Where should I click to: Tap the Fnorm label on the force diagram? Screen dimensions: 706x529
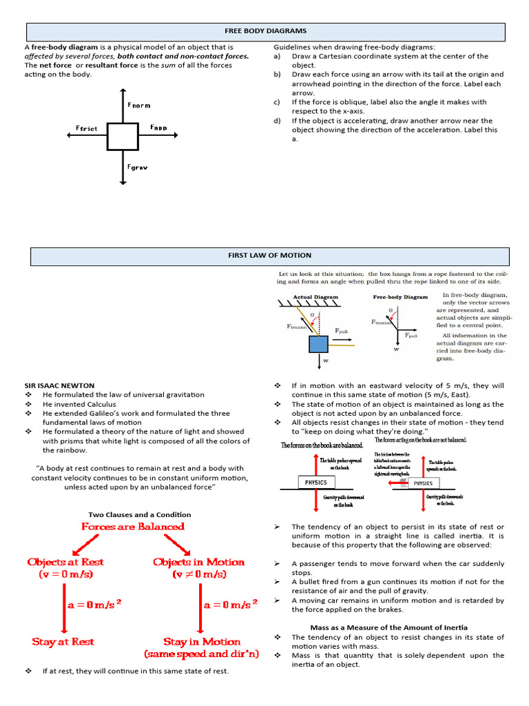tap(138, 105)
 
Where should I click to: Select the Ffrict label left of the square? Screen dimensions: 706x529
tap(87, 128)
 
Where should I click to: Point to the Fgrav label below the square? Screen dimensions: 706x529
tap(138, 167)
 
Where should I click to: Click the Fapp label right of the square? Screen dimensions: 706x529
tap(159, 128)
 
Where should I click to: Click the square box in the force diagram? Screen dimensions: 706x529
tap(122, 136)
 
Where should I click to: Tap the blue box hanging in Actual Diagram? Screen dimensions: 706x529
tap(318, 343)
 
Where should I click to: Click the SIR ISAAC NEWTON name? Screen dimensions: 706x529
tap(59, 385)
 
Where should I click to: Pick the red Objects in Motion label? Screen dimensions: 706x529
tap(199, 562)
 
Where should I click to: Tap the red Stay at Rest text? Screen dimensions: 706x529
tap(63, 641)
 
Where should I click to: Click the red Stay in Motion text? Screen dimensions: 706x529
tap(202, 641)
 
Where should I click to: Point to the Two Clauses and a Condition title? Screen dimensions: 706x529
tap(140, 514)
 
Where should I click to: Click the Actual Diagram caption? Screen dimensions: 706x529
tap(316, 297)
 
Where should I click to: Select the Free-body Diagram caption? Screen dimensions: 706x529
tap(400, 297)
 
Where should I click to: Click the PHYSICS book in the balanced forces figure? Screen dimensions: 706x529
tap(316, 483)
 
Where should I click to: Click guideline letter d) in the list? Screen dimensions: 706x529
tap(277, 120)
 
